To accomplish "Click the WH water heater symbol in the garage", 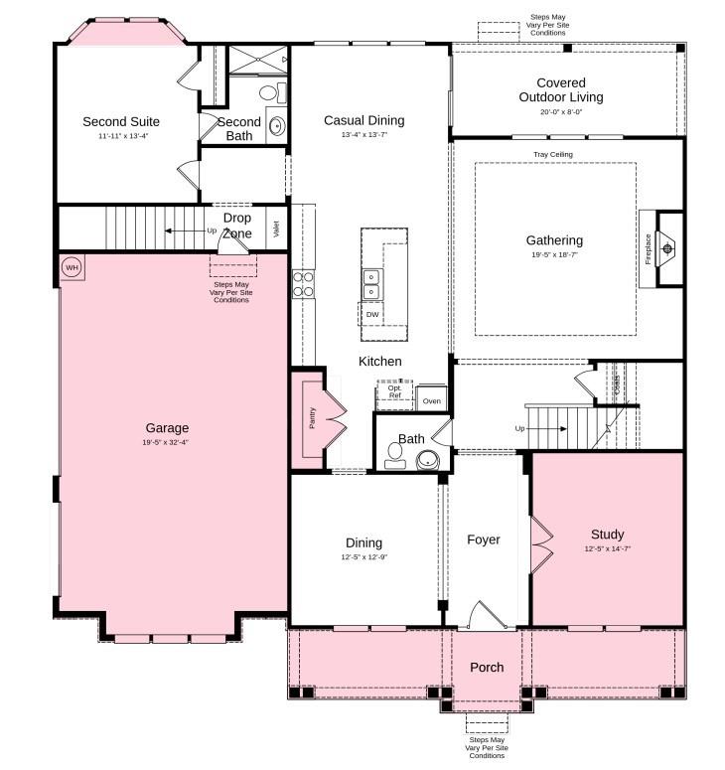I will click(72, 267).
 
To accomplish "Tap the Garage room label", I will click(165, 428).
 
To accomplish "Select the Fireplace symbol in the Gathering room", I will click(667, 248).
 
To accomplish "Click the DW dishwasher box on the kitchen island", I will click(372, 315).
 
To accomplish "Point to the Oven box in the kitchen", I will click(431, 401).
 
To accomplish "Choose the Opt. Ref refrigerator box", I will click(394, 392).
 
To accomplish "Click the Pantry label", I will click(312, 418).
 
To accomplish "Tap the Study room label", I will click(607, 535).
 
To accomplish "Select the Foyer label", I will click(484, 539).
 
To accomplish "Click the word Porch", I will click(487, 667).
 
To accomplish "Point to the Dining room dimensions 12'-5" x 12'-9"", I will click(363, 557).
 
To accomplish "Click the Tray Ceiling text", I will click(553, 155).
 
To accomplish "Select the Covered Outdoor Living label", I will click(560, 90).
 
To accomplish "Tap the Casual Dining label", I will click(364, 120).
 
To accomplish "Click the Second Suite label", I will click(121, 121).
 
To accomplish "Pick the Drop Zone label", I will click(236, 226).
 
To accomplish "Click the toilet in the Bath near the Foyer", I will click(395, 455).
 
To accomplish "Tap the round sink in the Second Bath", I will click(276, 127).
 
